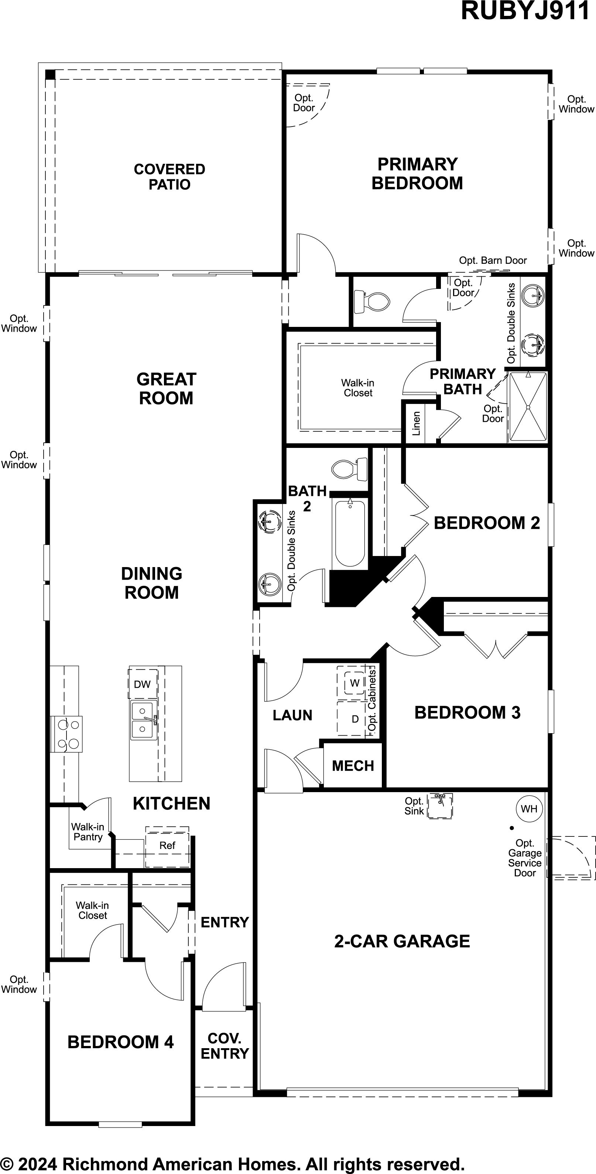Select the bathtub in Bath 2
click(350, 533)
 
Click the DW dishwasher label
click(142, 684)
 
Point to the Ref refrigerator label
click(167, 845)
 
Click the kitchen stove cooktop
click(66, 734)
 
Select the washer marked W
click(355, 683)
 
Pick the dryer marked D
click(355, 719)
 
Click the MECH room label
click(353, 766)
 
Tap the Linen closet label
click(416, 424)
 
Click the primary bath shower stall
click(528, 407)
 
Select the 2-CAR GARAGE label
click(402, 941)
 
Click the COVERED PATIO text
click(169, 177)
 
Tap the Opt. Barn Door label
click(493, 260)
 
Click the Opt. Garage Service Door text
click(525, 858)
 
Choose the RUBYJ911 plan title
click(525, 11)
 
